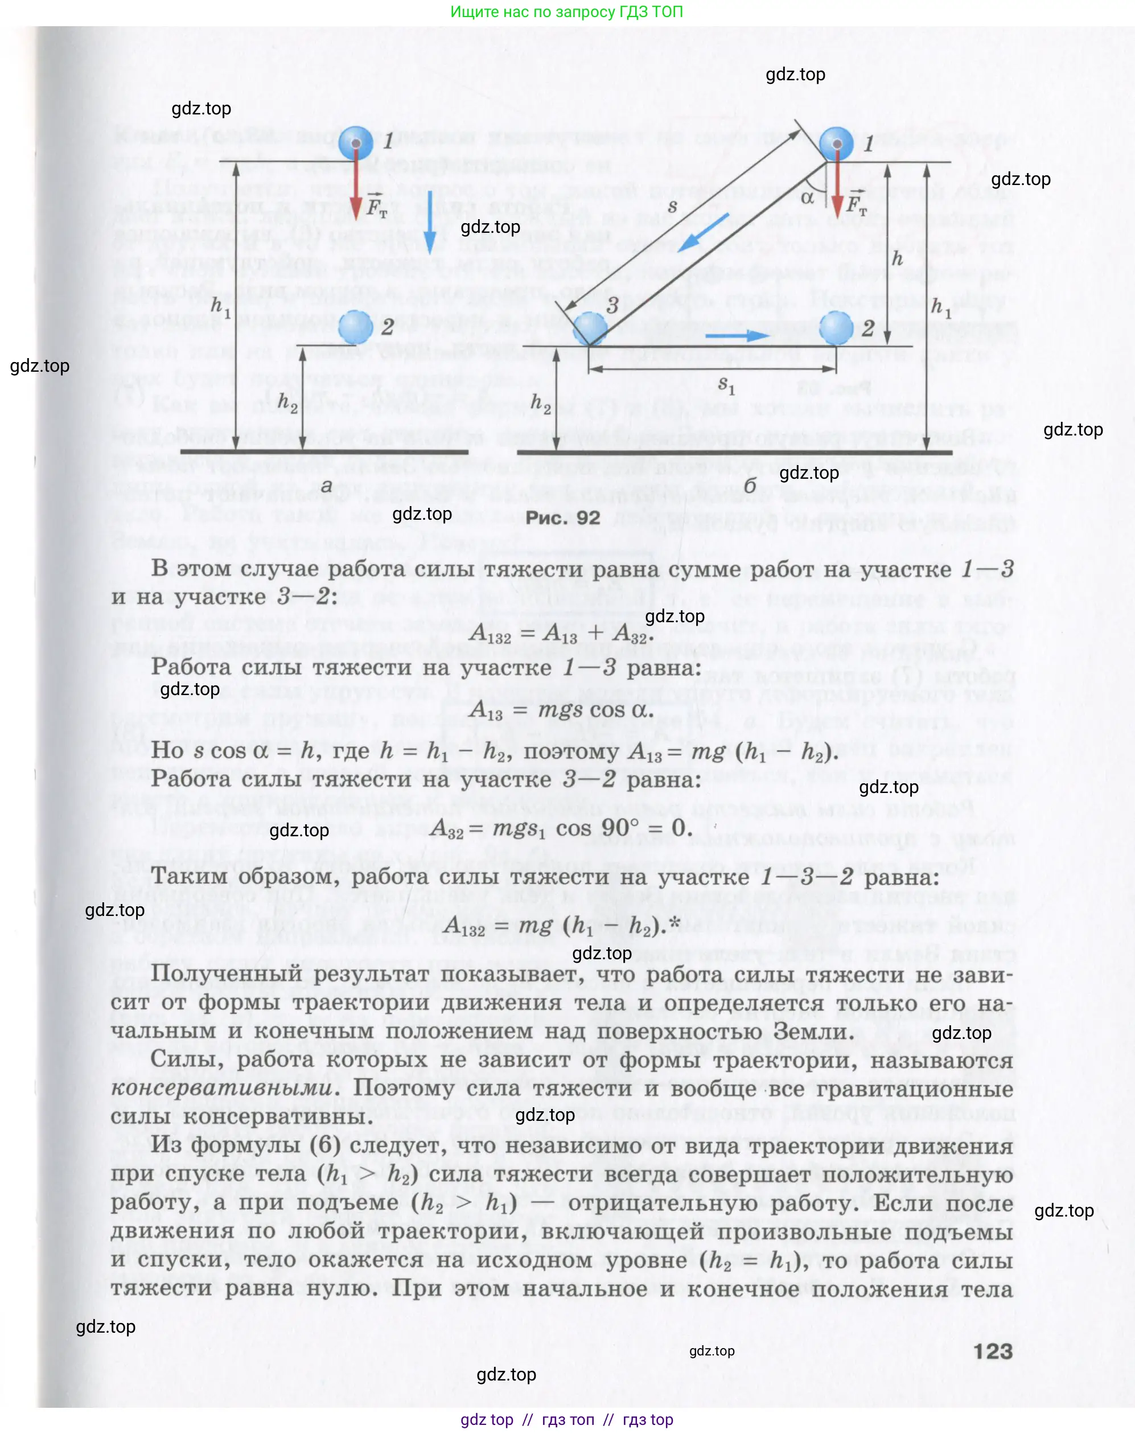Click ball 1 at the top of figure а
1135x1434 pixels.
point(356,142)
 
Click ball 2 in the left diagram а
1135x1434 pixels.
point(356,326)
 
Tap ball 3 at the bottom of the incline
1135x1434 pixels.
point(590,327)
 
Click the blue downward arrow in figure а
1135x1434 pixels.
point(430,222)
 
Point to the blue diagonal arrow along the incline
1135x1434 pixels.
point(703,233)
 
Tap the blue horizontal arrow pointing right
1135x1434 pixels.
point(738,335)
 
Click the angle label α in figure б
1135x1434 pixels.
point(807,198)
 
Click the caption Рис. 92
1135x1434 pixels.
point(562,517)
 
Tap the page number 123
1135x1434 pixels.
point(993,1351)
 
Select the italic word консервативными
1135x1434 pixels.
point(221,1088)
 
